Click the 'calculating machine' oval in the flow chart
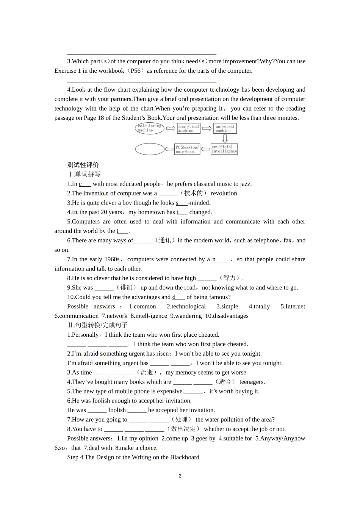pyautogui.click(x=149, y=128)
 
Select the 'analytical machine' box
pyautogui.click(x=188, y=129)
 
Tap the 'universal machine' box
pyautogui.click(x=225, y=128)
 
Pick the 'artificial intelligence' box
pyautogui.click(x=224, y=149)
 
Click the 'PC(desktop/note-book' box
pyautogui.click(x=187, y=149)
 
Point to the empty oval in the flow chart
pyautogui.click(x=150, y=149)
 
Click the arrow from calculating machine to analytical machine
pyautogui.click(x=171, y=128)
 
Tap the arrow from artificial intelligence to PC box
pyautogui.click(x=205, y=149)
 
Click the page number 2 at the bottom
pyautogui.click(x=180, y=476)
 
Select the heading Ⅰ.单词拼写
pyautogui.click(x=84, y=174)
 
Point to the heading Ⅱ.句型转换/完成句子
pyautogui.click(x=97, y=325)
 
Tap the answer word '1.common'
pyautogui.click(x=142, y=306)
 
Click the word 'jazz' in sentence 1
pyautogui.click(x=245, y=184)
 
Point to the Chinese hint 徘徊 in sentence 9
pyautogui.click(x=126, y=287)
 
